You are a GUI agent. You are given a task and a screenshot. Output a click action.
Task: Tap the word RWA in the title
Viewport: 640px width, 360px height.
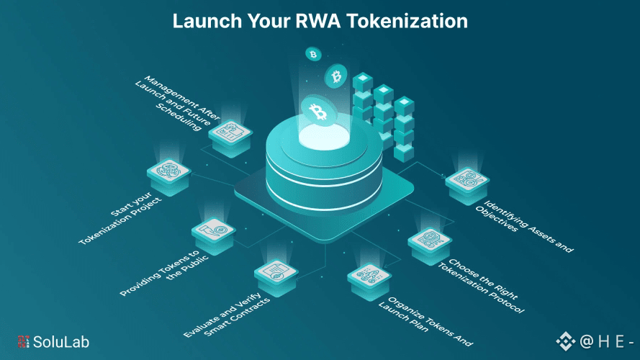(315, 21)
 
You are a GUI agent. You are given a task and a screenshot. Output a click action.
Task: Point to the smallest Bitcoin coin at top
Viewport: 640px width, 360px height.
(312, 54)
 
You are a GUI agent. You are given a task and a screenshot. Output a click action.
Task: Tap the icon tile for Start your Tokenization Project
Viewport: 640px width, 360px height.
(169, 174)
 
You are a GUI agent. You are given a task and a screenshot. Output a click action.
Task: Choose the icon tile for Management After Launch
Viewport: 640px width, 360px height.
(231, 129)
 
